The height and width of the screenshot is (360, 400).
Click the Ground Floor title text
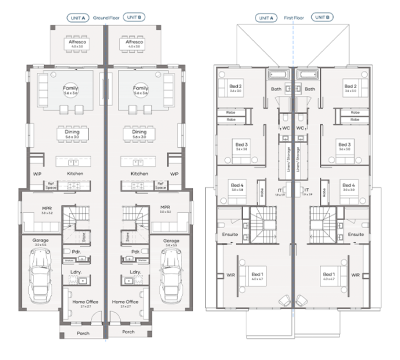(x=106, y=17)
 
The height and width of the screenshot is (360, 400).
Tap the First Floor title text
(x=293, y=17)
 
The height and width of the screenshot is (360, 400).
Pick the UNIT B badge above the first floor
(x=321, y=17)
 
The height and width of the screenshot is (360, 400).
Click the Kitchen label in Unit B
(x=140, y=173)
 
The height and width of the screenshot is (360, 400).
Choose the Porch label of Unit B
(x=128, y=332)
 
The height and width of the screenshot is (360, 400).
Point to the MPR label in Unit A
(x=46, y=209)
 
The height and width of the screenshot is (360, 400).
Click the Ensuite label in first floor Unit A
(x=231, y=234)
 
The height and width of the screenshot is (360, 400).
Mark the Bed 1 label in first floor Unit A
(x=257, y=273)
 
